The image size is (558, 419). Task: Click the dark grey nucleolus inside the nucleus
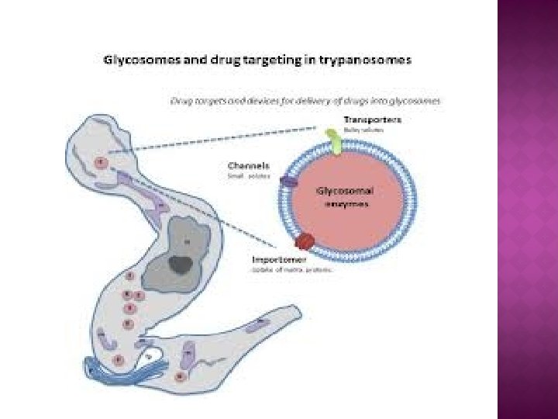pos(183,264)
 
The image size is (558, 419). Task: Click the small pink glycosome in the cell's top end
pos(102,163)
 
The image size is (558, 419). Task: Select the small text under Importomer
pos(290,270)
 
